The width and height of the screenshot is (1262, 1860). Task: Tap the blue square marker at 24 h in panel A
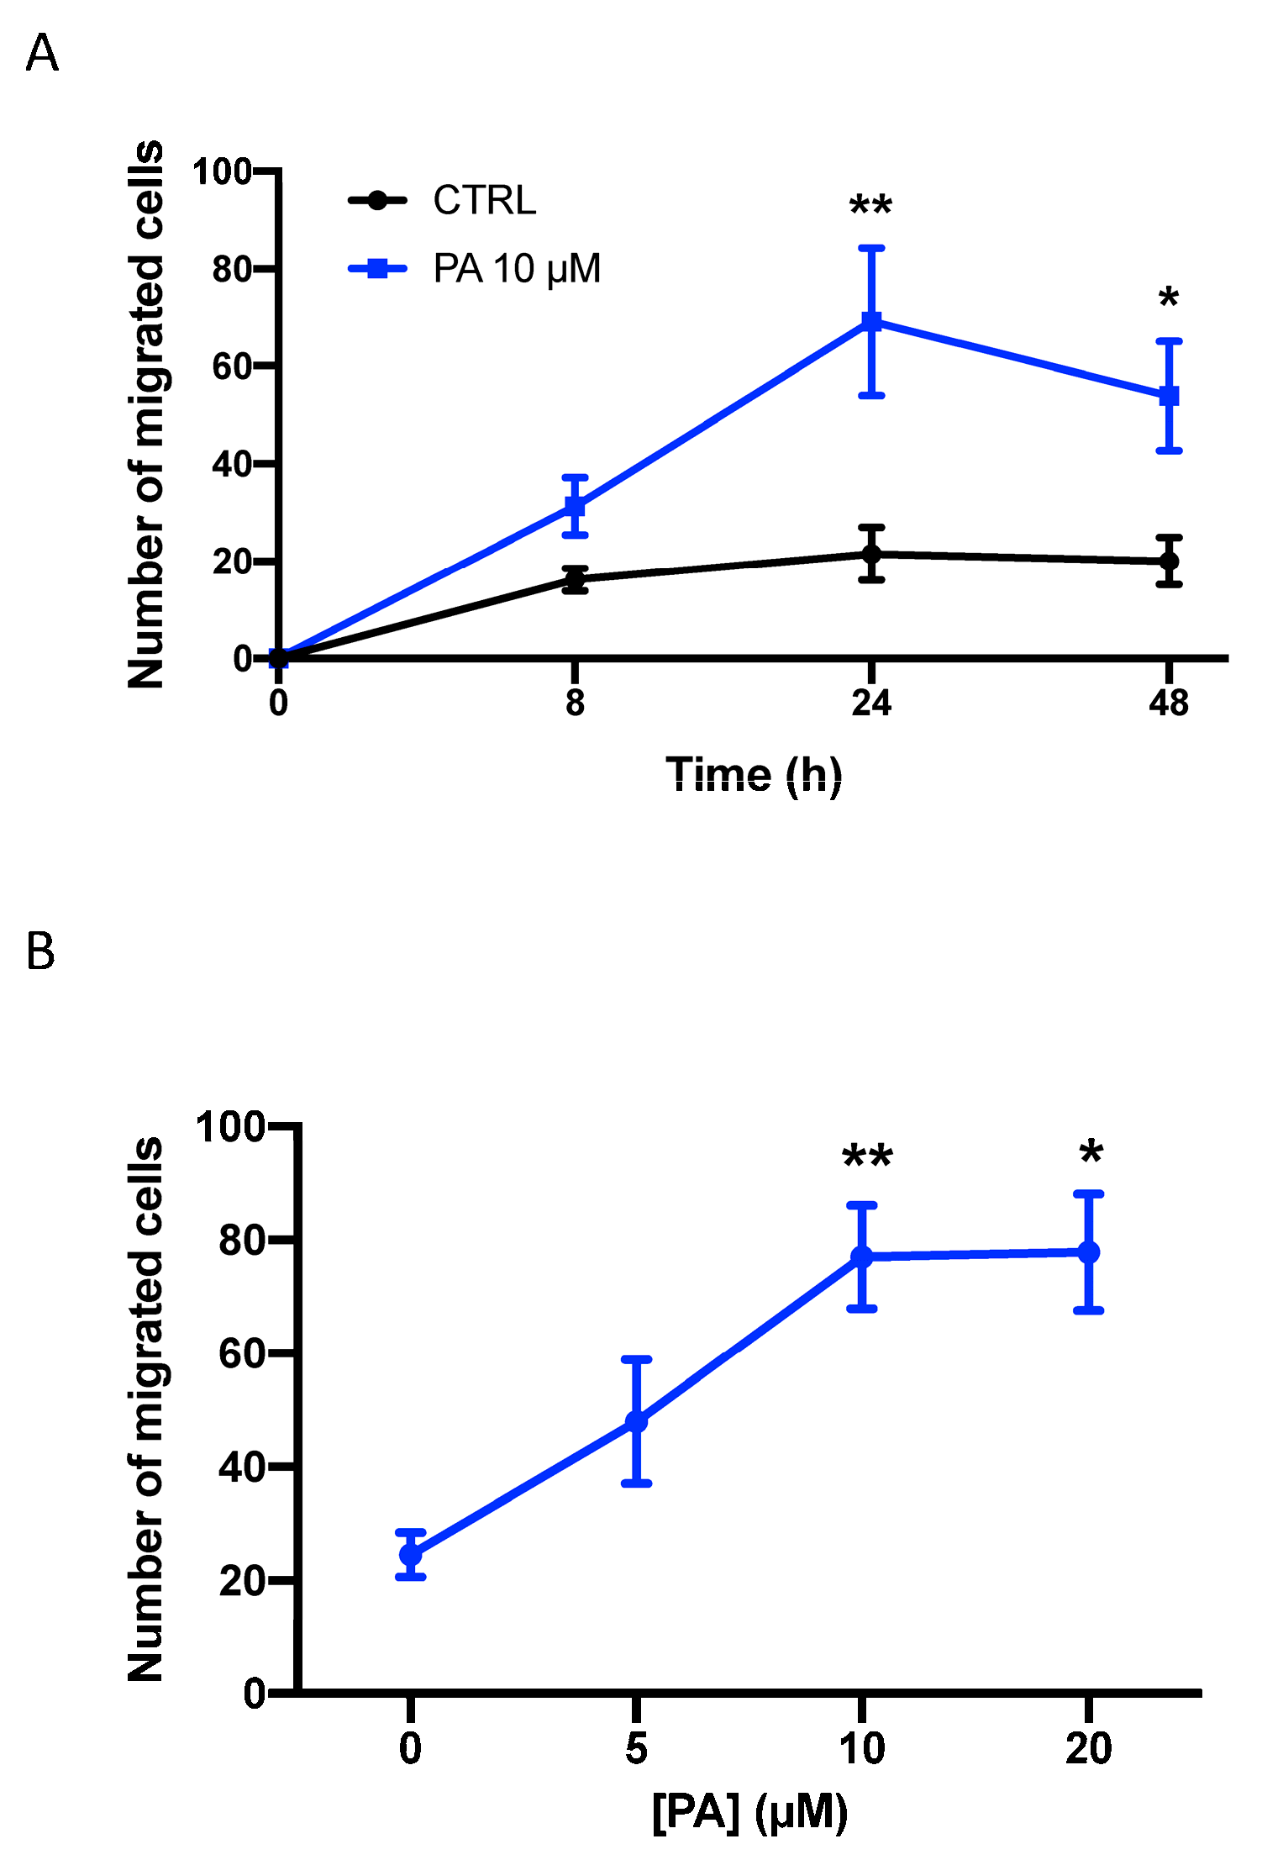[871, 321]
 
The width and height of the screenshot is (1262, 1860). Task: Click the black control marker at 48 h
[1169, 561]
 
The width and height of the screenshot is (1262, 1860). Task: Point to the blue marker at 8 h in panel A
[575, 506]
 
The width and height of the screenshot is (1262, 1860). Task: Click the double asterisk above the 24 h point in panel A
[870, 206]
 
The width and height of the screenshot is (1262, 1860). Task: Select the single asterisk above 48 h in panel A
[1168, 298]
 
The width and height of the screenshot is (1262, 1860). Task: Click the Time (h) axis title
[754, 774]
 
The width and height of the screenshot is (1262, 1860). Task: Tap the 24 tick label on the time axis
[871, 703]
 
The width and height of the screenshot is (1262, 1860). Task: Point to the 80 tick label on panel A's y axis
[232, 270]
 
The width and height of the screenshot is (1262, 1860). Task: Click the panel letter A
[42, 55]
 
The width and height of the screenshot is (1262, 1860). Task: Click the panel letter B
[40, 951]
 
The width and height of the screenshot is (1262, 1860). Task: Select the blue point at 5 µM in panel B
[636, 1421]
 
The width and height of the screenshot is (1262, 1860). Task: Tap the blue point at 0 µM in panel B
[410, 1554]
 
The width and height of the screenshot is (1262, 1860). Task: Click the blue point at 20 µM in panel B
[1088, 1252]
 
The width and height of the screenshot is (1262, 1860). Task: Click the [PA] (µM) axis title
[749, 1813]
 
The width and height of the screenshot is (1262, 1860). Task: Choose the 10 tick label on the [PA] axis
[862, 1748]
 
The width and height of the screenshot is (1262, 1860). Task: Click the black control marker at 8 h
[575, 579]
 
